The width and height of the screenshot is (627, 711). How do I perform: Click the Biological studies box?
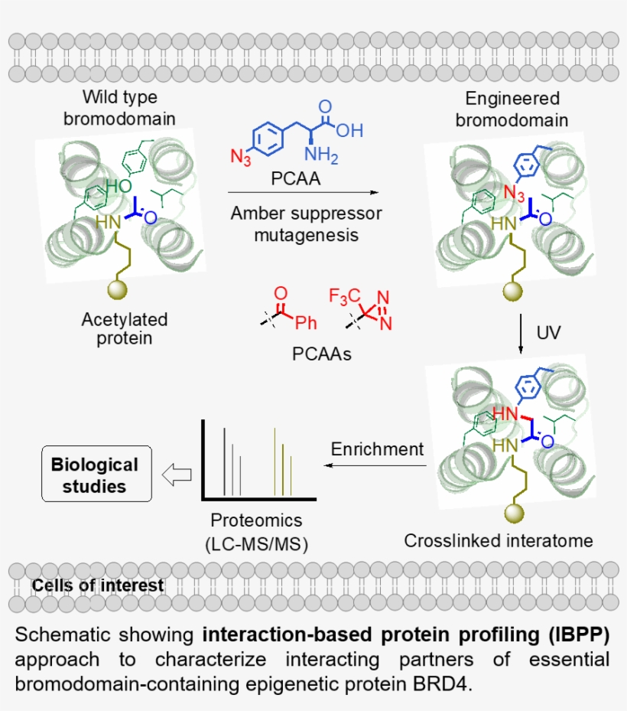[95, 475]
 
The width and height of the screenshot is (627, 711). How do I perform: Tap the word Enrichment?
[376, 449]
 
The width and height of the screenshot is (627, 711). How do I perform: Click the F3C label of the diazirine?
[343, 295]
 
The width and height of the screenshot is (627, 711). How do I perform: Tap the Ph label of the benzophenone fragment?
[306, 324]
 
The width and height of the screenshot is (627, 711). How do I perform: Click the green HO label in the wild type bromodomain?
[119, 186]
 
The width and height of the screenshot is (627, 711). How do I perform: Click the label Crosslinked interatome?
[499, 541]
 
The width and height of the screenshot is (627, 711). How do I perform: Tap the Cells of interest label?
[98, 586]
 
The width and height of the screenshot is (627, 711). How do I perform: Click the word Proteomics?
[256, 520]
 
